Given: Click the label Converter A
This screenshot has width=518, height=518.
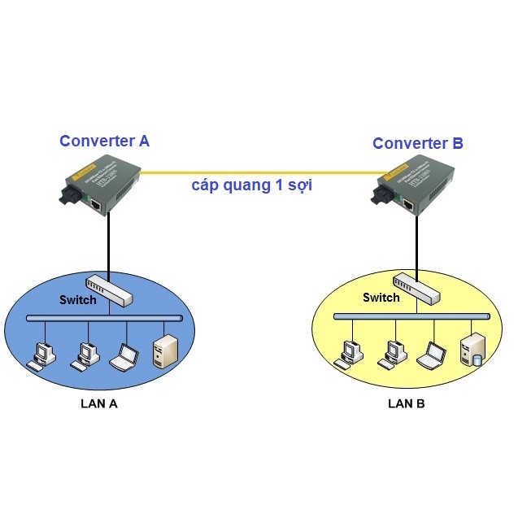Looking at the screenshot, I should click(104, 141).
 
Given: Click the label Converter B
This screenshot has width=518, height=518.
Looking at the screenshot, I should click(418, 144).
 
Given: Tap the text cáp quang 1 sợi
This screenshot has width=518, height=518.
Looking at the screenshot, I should click(252, 185).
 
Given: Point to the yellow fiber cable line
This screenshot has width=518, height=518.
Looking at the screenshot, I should click(260, 172).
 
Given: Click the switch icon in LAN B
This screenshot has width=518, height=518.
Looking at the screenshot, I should click(417, 288).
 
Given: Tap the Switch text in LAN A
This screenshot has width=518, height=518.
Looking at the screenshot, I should click(77, 299).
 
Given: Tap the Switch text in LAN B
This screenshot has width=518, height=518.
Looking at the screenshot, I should click(381, 298).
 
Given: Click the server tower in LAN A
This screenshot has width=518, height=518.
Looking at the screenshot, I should click(164, 350).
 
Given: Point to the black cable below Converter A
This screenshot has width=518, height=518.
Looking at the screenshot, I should click(108, 244).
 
